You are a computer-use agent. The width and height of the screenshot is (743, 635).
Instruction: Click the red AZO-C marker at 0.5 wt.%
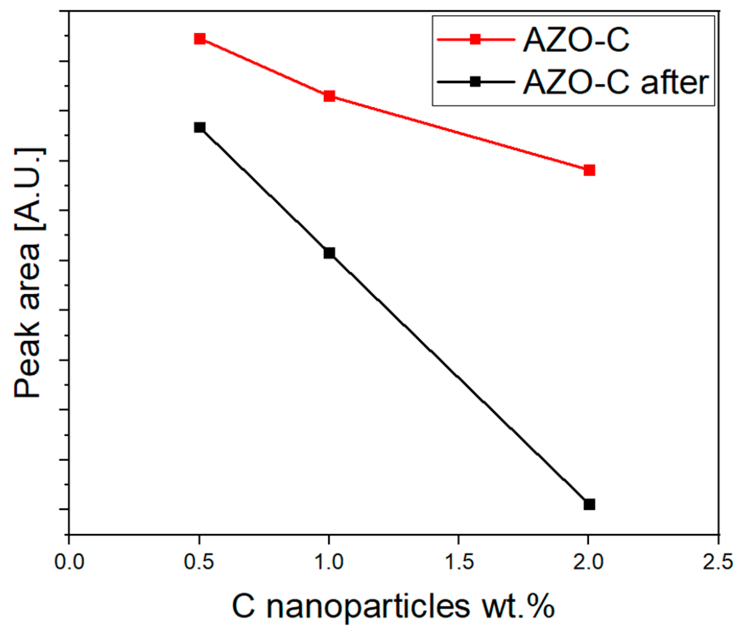[x=199, y=39]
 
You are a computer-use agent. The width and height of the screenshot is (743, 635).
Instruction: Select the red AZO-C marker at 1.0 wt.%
[x=329, y=96]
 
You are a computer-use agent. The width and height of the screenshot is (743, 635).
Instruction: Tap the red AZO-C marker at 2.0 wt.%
[x=589, y=170]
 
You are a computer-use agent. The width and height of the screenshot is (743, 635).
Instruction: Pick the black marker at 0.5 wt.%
[x=199, y=128]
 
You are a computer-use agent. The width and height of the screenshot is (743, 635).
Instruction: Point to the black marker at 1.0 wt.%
[x=329, y=253]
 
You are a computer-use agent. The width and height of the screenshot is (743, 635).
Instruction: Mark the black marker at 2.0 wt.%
[x=589, y=505]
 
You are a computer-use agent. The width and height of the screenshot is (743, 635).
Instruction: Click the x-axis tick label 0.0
[x=69, y=562]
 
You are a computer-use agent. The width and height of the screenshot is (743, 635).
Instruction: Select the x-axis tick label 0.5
[x=199, y=562]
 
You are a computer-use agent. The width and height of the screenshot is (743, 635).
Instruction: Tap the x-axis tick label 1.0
[x=329, y=562]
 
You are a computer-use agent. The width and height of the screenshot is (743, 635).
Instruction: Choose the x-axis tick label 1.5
[x=459, y=562]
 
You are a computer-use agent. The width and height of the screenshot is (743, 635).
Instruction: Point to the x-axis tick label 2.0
[x=589, y=562]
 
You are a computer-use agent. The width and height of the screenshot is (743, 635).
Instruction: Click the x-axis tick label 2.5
[x=718, y=562]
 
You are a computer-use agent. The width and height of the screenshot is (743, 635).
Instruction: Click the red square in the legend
[x=475, y=40]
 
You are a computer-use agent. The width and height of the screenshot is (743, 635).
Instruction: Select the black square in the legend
[x=475, y=82]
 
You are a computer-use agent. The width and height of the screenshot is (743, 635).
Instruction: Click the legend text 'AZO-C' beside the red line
[x=576, y=40]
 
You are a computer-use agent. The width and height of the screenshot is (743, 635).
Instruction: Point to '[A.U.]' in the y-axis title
[x=28, y=190]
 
